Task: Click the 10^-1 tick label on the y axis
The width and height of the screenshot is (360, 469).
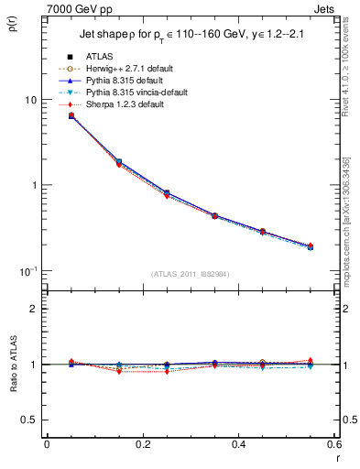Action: (28, 271)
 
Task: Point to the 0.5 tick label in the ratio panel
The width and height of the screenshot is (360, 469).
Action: (28, 420)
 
